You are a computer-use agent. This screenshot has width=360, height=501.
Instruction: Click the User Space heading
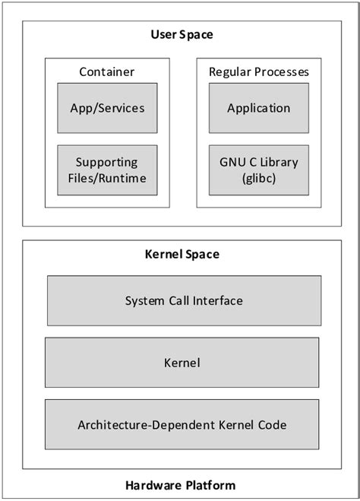pos(182,34)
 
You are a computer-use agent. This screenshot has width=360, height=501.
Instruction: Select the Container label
pos(106,72)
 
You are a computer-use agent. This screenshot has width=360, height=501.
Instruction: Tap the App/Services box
pos(107,108)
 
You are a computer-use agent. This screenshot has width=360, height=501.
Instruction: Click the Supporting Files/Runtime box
pos(107,171)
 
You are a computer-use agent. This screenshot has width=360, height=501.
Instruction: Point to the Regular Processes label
pos(258,72)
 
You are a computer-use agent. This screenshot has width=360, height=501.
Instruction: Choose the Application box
pos(258,108)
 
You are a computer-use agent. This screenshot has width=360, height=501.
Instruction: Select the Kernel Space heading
pos(182,253)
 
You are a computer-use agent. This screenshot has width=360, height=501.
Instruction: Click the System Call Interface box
pos(184,300)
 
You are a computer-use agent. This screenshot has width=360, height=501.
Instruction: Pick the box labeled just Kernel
pos(182,363)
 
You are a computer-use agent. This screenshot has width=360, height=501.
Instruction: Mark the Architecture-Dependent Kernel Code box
pos(182,425)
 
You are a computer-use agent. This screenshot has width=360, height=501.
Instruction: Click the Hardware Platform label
pos(181,485)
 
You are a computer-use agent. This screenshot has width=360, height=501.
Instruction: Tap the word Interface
pos(217,300)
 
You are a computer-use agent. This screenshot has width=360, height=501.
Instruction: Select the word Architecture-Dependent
pos(141,425)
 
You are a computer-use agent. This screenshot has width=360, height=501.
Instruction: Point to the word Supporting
pos(107,162)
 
